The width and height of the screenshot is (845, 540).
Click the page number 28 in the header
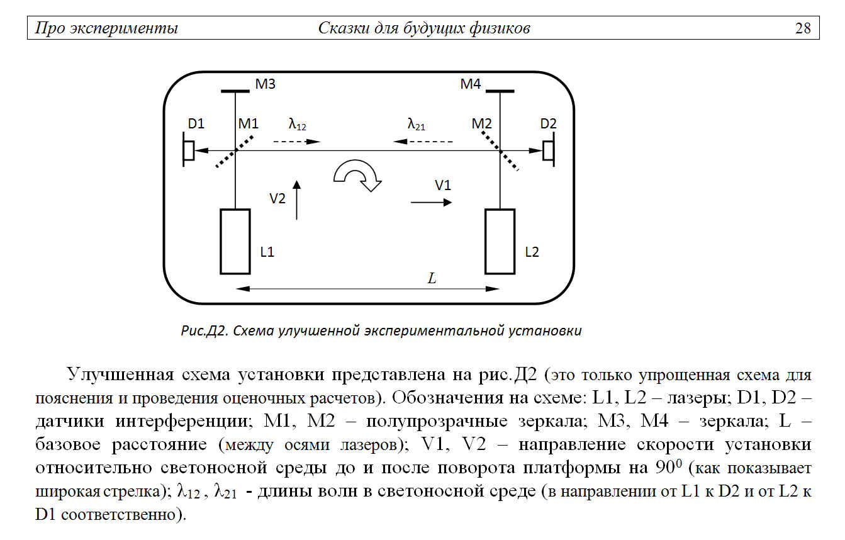802,28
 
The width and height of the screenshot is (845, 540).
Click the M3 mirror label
265,84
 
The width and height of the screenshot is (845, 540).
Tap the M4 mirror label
471,84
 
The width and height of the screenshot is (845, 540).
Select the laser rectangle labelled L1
235,242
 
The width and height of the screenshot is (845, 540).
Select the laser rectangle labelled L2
500,242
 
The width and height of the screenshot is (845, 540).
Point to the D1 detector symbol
187,150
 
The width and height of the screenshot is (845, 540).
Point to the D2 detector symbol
549,150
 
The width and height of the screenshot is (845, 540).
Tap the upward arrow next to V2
297,200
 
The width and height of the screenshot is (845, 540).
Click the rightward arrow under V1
431,203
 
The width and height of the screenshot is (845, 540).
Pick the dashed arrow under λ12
297,142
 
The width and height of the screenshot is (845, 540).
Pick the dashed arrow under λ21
423,142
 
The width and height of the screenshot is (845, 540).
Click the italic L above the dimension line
432,278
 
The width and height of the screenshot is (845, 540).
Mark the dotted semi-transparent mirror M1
235,151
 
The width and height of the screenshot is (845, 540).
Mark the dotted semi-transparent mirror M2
500,151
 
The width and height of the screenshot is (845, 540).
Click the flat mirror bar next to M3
235,91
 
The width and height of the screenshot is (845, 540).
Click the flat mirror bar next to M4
500,91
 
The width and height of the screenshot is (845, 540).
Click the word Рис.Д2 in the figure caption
204,330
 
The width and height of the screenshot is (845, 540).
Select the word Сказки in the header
344,28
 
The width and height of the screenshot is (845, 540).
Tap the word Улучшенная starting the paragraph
120,374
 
